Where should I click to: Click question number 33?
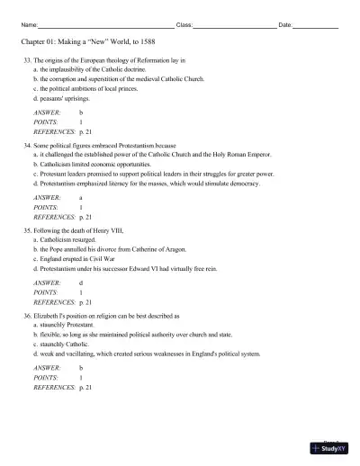[x=27, y=60]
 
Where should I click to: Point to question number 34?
[x=27, y=142]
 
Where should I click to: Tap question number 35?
[x=27, y=231]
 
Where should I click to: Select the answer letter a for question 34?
[x=81, y=197]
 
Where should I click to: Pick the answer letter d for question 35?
[x=81, y=282]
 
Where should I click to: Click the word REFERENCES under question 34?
[x=52, y=217]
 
